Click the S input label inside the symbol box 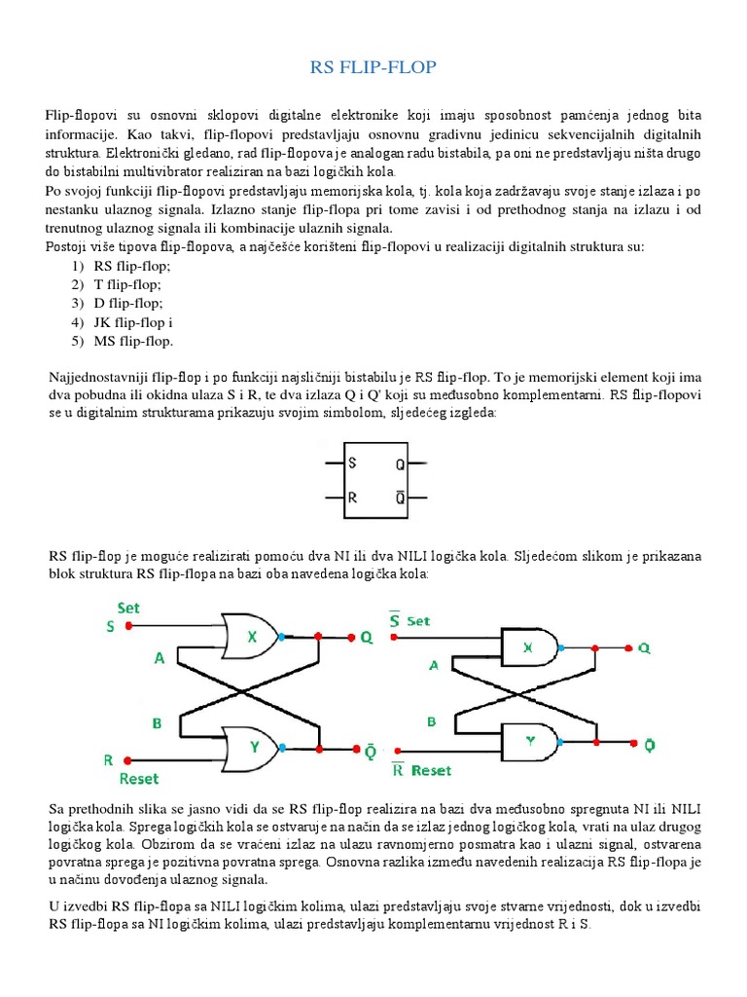pos(352,463)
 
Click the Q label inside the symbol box pos(400,464)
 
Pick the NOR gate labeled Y pos(250,748)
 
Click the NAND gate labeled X pos(528,646)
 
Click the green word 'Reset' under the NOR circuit pos(138,779)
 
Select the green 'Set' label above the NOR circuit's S pos(127,608)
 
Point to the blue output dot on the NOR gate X pos(281,636)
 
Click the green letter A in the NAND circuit pos(435,666)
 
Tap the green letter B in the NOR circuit pos(156,723)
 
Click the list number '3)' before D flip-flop pos(77,303)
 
